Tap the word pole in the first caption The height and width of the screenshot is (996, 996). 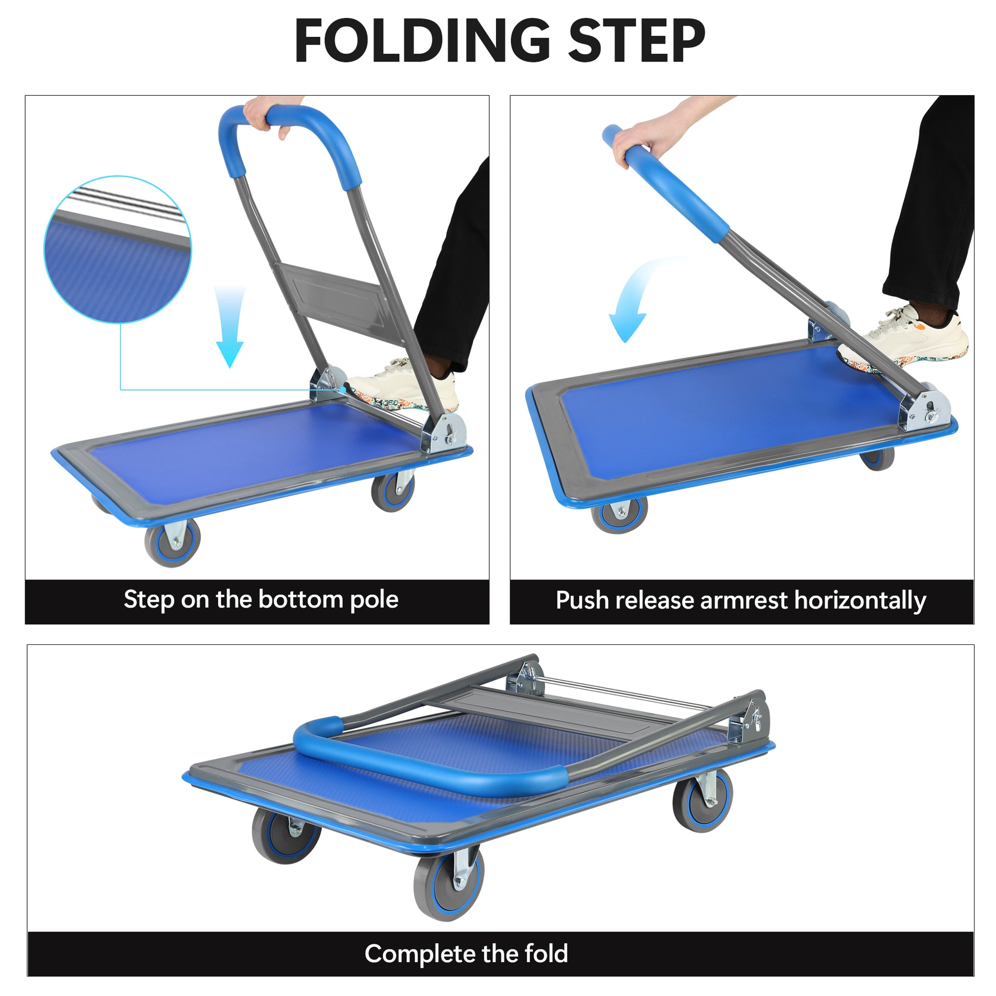coord(374,599)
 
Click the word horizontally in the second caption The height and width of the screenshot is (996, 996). coord(860,601)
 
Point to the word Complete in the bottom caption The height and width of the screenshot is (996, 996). coord(415,954)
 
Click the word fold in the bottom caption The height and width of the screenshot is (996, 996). coord(546,954)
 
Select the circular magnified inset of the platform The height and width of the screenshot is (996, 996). coord(118,250)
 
